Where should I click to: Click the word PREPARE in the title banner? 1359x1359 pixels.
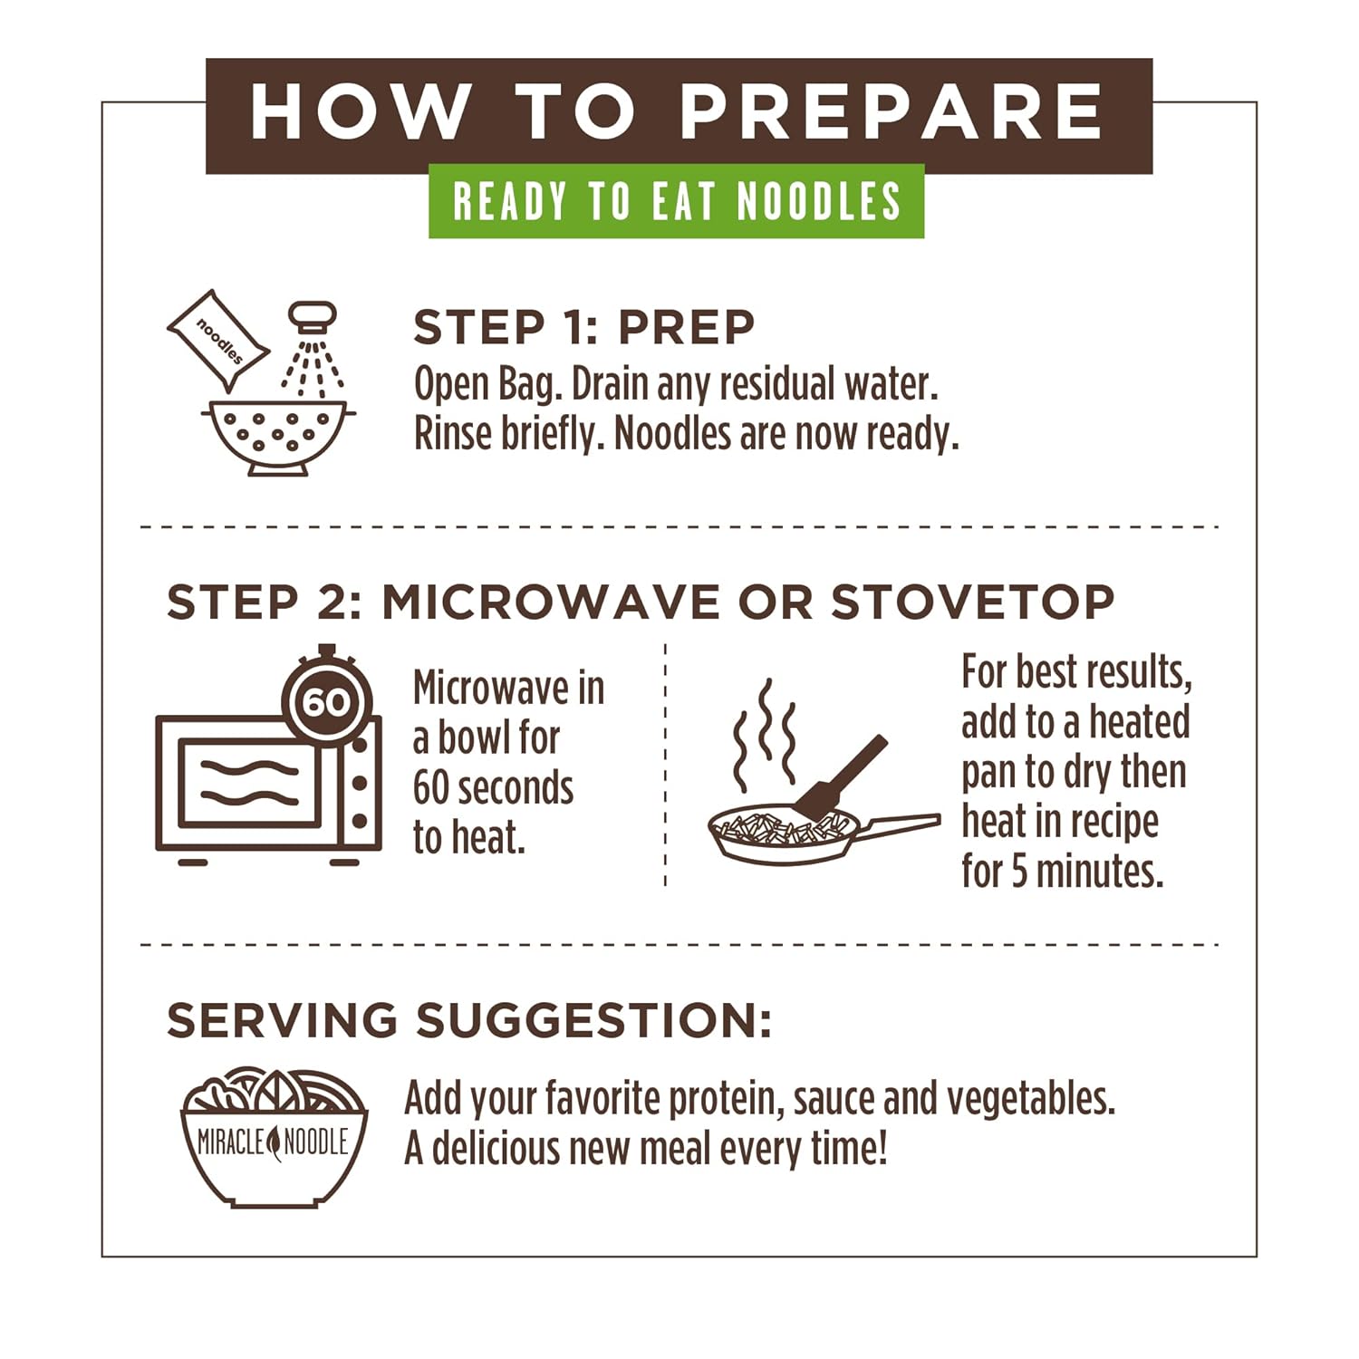point(891,112)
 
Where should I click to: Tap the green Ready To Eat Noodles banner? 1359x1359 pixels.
point(677,201)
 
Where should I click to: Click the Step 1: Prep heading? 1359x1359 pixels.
point(583,328)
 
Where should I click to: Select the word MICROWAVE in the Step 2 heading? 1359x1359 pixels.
point(551,602)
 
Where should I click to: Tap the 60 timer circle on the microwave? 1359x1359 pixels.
point(326,700)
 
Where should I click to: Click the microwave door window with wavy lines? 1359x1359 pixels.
point(249,782)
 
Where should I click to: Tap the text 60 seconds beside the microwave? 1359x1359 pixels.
point(493,788)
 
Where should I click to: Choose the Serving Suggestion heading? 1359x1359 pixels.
point(468,1020)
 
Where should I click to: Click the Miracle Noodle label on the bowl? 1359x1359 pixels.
point(273,1142)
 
